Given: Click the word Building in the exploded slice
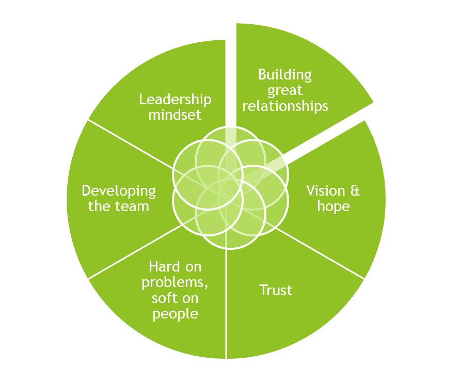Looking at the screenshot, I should click(x=285, y=75).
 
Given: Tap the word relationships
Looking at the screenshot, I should click(x=285, y=106).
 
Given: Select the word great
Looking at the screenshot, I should click(x=285, y=91).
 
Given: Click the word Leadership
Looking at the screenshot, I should click(x=175, y=100).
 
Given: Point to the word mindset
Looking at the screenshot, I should click(x=175, y=115).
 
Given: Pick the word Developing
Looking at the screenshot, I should click(x=119, y=191).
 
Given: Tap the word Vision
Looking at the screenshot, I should click(x=325, y=191).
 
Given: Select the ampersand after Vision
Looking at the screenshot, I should click(x=355, y=191).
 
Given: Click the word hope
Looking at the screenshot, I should click(x=333, y=206).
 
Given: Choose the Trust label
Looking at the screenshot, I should click(x=276, y=291).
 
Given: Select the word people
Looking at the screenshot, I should click(x=175, y=314).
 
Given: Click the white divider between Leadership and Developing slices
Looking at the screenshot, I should click(x=129, y=144).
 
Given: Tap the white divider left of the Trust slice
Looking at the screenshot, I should click(x=226, y=305).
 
